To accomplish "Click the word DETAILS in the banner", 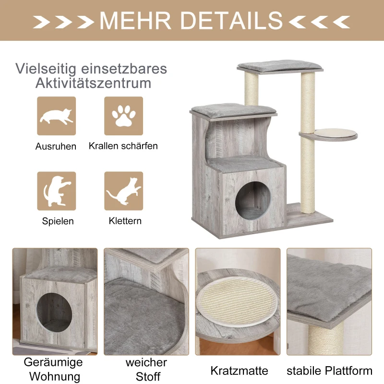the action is point(231,21).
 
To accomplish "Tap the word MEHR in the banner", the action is point(135,21).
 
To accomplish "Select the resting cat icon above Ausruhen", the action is point(56,116).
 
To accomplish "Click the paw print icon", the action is point(124,116).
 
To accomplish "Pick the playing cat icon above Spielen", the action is point(56,191).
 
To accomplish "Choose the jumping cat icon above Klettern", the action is point(124,191).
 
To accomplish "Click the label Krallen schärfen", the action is point(123,146).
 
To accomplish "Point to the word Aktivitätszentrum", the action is point(93,84).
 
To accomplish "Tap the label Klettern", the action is point(125,221).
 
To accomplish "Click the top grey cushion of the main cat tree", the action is point(279,65).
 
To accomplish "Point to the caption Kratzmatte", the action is point(239,371).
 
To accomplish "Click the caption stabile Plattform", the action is point(329,371).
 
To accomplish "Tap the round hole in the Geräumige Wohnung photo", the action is point(54,312).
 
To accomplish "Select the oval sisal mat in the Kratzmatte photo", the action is point(238,302).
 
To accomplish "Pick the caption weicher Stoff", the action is point(147,369).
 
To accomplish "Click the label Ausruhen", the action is point(56,146).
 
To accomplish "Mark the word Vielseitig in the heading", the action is point(46,69).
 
